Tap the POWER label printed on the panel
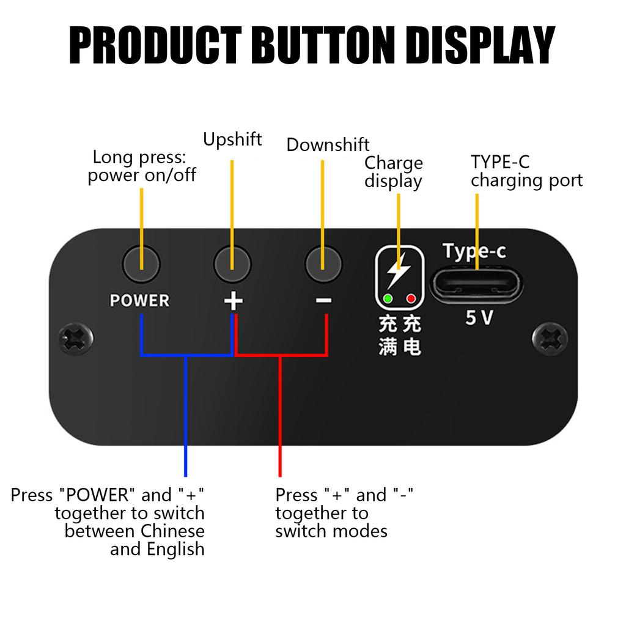pyautogui.click(x=139, y=301)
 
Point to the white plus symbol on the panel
pyautogui.click(x=233, y=301)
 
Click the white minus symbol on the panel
pyautogui.click(x=324, y=300)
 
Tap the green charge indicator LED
pyautogui.click(x=388, y=299)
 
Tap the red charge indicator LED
pyautogui.click(x=411, y=299)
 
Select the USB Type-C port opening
pyautogui.click(x=476, y=285)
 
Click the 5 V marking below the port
pyautogui.click(x=479, y=318)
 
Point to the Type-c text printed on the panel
pyautogui.click(x=474, y=251)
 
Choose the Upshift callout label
pyautogui.click(x=232, y=139)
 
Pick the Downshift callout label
pyautogui.click(x=328, y=145)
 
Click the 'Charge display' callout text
pyautogui.click(x=394, y=172)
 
